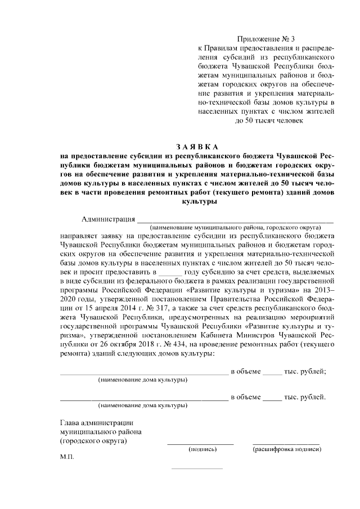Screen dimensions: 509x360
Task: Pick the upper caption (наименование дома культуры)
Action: (x=143, y=381)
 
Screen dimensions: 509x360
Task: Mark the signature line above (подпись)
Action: (x=200, y=444)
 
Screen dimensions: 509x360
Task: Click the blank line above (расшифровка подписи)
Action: (x=286, y=444)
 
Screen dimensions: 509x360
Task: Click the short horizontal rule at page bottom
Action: (x=197, y=468)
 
